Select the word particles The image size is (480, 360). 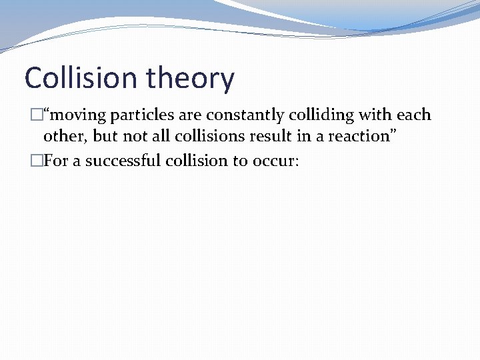point(141,115)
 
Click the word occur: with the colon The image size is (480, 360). point(276,161)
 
